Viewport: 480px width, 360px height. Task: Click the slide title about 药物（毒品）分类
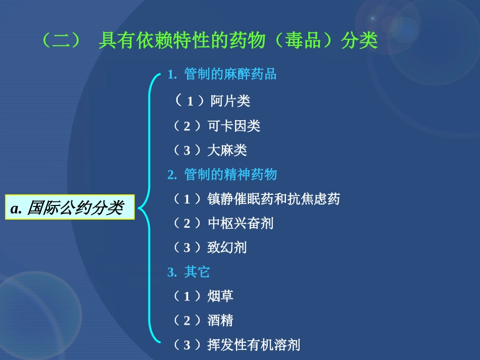209,41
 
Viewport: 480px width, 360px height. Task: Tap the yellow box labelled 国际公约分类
70,208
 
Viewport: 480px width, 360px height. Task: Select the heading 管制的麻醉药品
230,75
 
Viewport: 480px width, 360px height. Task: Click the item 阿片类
230,101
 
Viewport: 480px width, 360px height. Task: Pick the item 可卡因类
234,126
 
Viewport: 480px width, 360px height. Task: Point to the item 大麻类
227,150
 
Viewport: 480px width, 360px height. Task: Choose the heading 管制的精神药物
230,175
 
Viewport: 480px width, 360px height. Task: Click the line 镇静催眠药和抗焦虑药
273,199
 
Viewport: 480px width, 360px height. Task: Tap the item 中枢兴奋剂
241,223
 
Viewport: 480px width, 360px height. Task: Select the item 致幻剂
227,247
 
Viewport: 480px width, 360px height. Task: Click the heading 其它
197,272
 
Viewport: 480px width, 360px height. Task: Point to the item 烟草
221,296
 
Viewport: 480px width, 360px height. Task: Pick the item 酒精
221,321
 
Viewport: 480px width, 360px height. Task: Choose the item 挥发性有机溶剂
254,345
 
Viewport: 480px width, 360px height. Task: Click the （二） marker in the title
60,41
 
